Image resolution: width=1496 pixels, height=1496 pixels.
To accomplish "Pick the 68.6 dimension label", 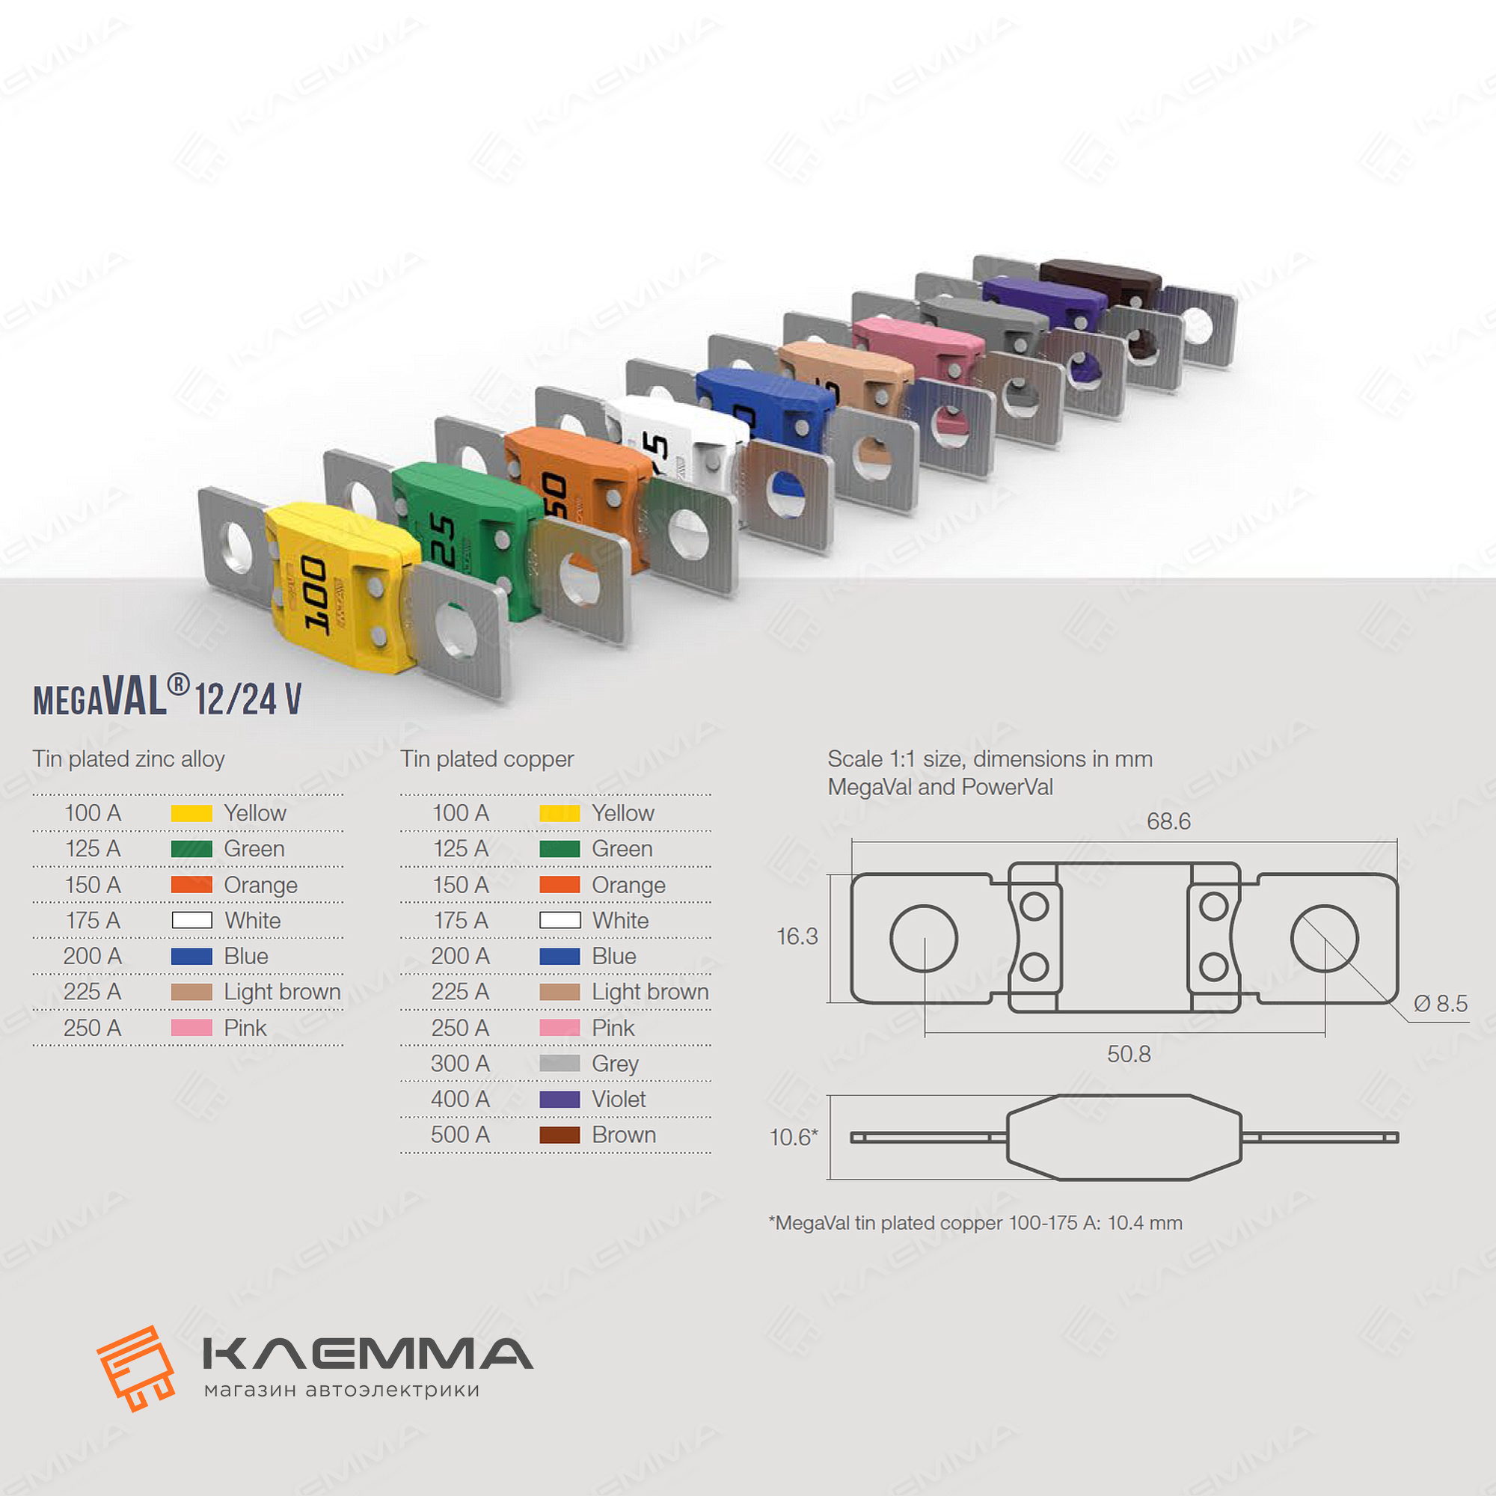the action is pyautogui.click(x=1168, y=821).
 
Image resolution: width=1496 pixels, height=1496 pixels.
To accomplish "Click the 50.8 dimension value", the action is pyautogui.click(x=1128, y=1054).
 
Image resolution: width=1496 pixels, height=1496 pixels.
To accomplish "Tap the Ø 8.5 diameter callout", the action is pyautogui.click(x=1440, y=1004).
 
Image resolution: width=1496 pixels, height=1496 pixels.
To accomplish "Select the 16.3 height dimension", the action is pyautogui.click(x=797, y=936).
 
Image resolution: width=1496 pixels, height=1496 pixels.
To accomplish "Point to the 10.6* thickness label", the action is pyautogui.click(x=793, y=1137).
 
